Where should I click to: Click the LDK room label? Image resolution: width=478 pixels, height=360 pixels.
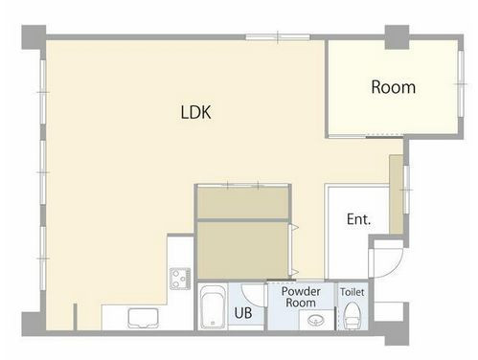click(195, 112)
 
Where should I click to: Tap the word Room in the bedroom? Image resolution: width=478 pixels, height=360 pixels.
click(393, 87)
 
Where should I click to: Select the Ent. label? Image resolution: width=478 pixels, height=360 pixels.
click(358, 219)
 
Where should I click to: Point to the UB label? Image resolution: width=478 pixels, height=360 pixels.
click(243, 313)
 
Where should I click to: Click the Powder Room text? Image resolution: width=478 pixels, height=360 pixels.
click(301, 297)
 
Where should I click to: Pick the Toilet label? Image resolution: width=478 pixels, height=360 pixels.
click(353, 292)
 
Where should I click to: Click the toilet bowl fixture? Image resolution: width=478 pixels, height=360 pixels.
click(352, 315)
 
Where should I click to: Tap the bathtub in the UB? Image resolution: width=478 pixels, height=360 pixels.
click(213, 306)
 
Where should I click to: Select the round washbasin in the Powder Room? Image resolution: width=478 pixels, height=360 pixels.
click(316, 320)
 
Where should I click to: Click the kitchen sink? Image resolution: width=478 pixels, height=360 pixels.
click(144, 318)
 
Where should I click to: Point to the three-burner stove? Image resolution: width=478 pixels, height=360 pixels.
click(180, 279)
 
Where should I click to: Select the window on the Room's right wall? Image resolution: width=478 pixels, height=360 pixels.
click(460, 84)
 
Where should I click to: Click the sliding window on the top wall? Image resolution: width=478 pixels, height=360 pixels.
click(278, 37)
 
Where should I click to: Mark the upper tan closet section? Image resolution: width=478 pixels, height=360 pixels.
click(242, 203)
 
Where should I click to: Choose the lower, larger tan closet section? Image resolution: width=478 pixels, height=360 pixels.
click(242, 250)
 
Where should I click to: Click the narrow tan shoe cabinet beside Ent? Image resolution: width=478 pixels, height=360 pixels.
click(396, 194)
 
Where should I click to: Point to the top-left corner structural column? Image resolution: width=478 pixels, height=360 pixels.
click(34, 37)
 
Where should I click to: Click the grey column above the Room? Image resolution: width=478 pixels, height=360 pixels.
click(397, 37)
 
